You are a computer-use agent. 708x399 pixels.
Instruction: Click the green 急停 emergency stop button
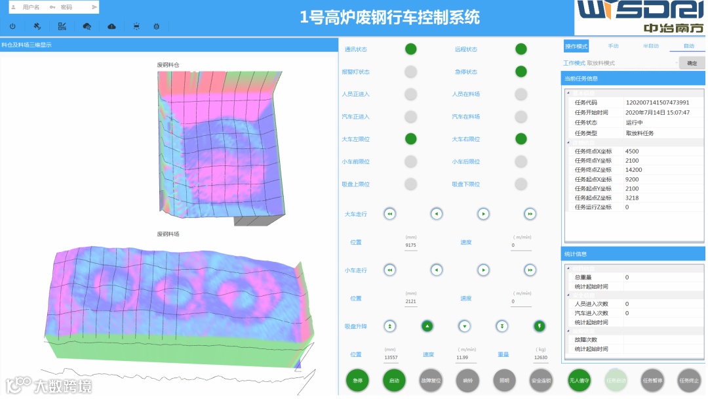[357, 381]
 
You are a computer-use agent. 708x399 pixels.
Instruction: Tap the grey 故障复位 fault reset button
[431, 381]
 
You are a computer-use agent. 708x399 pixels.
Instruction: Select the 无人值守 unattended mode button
[579, 381]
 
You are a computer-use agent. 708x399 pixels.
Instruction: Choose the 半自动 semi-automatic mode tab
[650, 47]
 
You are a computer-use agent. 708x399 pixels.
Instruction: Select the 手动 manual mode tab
[614, 47]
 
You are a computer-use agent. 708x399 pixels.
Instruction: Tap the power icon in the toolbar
[12, 26]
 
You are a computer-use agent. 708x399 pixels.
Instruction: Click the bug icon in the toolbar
[156, 26]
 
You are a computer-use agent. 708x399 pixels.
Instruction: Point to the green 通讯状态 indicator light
[410, 49]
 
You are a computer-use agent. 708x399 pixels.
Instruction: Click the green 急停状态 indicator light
[521, 72]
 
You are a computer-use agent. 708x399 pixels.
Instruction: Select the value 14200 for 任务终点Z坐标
[633, 170]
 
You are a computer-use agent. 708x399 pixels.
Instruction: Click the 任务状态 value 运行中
[635, 123]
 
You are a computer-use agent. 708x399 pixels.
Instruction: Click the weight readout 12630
[541, 358]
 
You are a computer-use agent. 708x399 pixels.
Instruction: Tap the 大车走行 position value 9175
[411, 245]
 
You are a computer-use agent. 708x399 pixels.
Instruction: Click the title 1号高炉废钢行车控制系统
[390, 17]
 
